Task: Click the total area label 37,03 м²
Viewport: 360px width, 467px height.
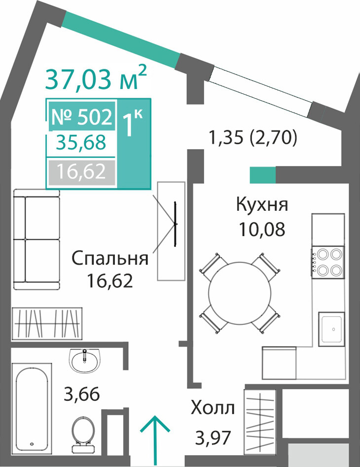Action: tap(96, 78)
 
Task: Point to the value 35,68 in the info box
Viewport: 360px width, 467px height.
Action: tap(81, 142)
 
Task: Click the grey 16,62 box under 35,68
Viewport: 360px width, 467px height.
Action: tap(81, 172)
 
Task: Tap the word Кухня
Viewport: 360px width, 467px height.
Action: tap(262, 204)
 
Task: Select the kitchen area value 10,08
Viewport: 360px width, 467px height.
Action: tap(262, 229)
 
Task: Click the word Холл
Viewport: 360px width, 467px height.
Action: tap(213, 408)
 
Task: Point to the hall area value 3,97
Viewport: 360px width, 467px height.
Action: tap(213, 438)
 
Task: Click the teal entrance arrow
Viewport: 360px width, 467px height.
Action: tap(155, 441)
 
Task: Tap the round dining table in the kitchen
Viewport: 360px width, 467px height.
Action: tap(240, 293)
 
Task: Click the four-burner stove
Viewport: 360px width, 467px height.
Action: tap(328, 263)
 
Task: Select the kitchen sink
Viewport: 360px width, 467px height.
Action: tap(331, 329)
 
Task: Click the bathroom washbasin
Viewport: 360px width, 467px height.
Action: tap(84, 360)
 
